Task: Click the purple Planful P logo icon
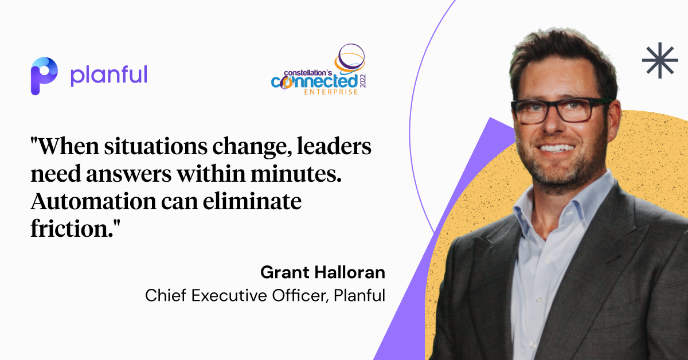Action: coord(44,76)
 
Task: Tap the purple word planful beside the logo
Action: coord(109,76)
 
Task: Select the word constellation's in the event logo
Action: coord(308,73)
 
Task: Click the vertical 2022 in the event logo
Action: coord(363,81)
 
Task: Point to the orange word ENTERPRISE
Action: coord(331,92)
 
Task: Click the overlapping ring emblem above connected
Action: coord(350,58)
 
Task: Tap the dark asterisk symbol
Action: coord(660,60)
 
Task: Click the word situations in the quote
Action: coord(156,147)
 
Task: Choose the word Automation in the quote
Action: coord(93,202)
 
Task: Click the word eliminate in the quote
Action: coord(252,202)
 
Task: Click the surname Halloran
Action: coord(350,272)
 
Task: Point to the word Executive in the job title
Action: coord(229,295)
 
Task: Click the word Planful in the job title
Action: coord(359,295)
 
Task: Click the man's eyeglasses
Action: coord(561,110)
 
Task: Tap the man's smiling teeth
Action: coord(557,148)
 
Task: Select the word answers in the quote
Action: coord(128,174)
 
